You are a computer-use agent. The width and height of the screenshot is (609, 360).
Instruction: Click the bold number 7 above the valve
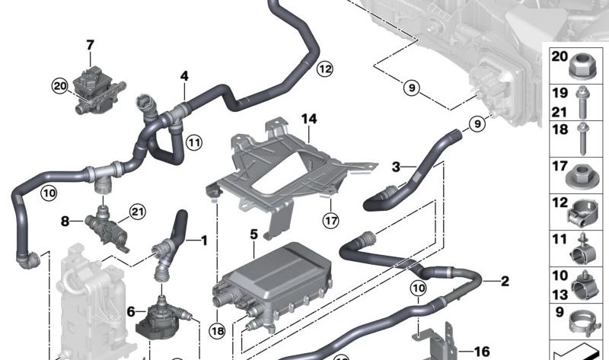[x=90, y=45]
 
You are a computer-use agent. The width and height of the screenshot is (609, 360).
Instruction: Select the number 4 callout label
[x=183, y=76]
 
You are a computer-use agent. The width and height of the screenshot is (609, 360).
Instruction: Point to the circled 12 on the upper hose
[x=325, y=69]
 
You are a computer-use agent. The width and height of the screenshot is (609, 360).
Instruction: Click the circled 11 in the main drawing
[x=194, y=142]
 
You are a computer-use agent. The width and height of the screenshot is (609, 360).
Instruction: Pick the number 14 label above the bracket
[x=308, y=119]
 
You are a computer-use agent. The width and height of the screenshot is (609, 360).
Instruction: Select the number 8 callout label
[x=65, y=222]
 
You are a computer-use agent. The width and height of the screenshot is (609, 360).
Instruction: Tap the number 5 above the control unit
[x=253, y=234]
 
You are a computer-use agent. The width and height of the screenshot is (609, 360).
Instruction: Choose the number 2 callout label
[x=504, y=282]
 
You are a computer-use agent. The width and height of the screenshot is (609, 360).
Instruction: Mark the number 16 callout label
[x=481, y=351]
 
